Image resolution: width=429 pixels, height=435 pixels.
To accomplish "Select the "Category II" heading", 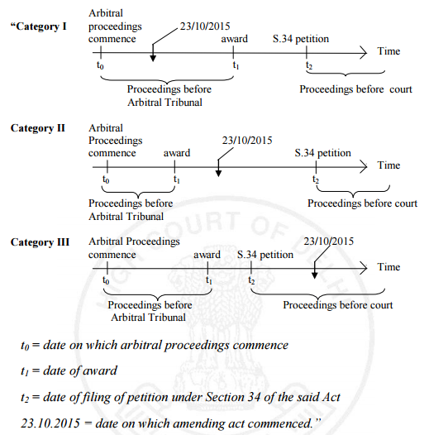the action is (38, 128).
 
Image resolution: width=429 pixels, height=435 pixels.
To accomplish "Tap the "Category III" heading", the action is (40, 242).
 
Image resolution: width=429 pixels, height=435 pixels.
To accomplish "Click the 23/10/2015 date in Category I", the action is (205, 26).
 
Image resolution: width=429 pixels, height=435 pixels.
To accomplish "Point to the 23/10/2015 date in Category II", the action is (247, 141).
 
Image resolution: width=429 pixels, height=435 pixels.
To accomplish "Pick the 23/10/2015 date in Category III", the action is (329, 241).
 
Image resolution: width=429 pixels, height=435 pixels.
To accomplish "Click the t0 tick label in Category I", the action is (100, 65).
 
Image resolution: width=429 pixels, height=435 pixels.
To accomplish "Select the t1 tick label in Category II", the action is (177, 179).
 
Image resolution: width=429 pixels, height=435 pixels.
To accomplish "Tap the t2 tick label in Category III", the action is (251, 280).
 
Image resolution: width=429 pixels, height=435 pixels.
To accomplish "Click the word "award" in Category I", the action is (234, 39).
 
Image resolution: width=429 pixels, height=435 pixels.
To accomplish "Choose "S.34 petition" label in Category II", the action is (323, 153).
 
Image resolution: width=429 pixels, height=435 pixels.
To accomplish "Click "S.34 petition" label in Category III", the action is (265, 255).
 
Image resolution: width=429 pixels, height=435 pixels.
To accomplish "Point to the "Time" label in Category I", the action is (388, 51).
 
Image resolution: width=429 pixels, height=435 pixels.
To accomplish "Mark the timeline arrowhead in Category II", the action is (364, 167).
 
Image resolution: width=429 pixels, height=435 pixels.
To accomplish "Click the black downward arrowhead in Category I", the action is (153, 58).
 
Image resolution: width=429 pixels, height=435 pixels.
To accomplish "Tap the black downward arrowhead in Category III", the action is (314, 275).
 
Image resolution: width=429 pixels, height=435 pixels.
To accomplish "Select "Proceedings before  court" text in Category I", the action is (355, 89).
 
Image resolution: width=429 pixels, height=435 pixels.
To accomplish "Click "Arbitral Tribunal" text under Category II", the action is (126, 217).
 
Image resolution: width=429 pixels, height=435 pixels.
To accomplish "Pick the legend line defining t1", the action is (69, 371).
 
